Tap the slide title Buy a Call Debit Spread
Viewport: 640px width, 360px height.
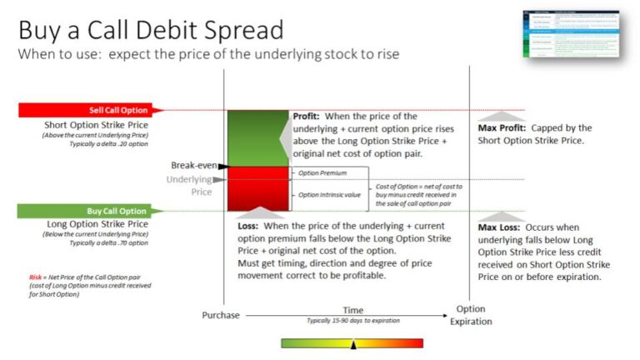(x=151, y=31)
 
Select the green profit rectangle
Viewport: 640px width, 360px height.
(x=257, y=137)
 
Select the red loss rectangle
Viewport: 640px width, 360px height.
(x=257, y=187)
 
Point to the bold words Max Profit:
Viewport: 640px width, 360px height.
(x=502, y=128)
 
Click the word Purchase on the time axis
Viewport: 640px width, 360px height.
(x=221, y=315)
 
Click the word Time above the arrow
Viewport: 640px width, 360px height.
(x=353, y=310)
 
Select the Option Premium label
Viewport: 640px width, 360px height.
(x=322, y=172)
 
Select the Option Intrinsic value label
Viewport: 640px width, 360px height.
(x=329, y=194)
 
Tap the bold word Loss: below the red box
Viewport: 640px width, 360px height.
(x=254, y=225)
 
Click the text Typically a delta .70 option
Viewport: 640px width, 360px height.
(x=108, y=243)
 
